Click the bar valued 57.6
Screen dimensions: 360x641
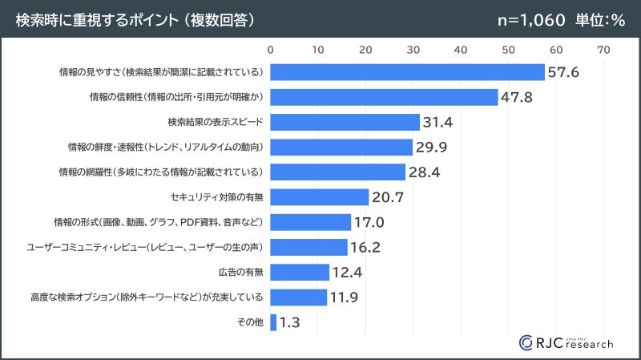pos(407,72)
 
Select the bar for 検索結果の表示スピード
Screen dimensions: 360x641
pos(345,122)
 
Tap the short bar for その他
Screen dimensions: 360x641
pos(274,322)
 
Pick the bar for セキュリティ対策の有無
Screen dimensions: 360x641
pos(320,197)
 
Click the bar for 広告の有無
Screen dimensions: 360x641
pos(300,272)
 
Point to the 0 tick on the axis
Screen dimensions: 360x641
pos(271,50)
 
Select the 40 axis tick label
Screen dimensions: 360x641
pos(461,50)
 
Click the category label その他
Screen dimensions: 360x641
pos(251,322)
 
